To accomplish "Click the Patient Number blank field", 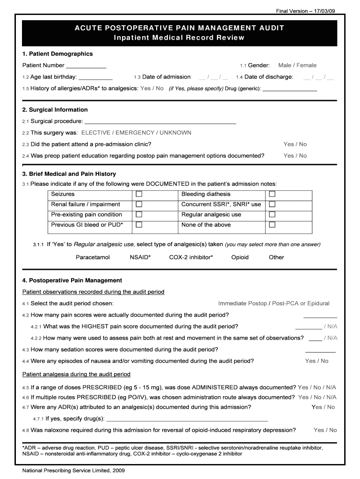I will (x=86, y=66).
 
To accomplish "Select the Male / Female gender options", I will (x=297, y=65).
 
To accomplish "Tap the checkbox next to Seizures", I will (x=139, y=194).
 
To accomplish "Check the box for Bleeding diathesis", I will (x=272, y=194).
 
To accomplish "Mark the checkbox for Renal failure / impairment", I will (x=139, y=204).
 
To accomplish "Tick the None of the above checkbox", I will (x=272, y=225).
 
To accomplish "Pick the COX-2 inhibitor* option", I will (x=191, y=257).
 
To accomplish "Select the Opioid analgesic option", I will (x=240, y=257).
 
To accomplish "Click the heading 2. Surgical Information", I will (x=55, y=110).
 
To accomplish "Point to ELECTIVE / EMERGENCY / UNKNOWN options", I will (x=136, y=133).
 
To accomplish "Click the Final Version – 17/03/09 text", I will (x=305, y=11).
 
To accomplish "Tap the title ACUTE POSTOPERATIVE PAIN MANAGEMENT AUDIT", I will (x=179, y=28).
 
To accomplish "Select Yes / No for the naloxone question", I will (x=325, y=430).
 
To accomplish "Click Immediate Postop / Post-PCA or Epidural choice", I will (x=274, y=304).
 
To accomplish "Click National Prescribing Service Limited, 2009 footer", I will (x=73, y=471).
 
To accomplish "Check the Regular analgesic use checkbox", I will (x=272, y=215).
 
